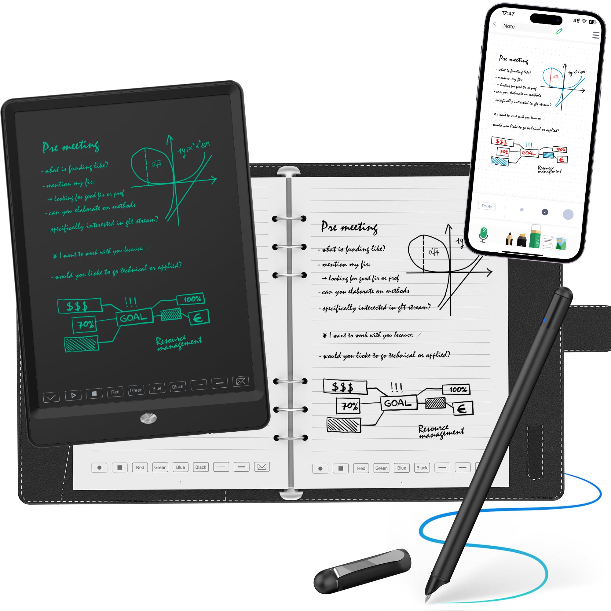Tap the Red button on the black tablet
pyautogui.click(x=115, y=392)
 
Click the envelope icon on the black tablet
pyautogui.click(x=241, y=381)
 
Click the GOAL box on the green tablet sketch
pyautogui.click(x=134, y=317)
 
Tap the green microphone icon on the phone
pyautogui.click(x=483, y=234)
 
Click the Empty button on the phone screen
pyautogui.click(x=486, y=206)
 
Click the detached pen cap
pyautogui.click(x=362, y=571)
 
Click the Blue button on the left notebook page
pyautogui.click(x=180, y=467)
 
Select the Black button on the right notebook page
pyautogui.click(x=422, y=468)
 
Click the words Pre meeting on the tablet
pyautogui.click(x=71, y=146)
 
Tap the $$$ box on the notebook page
pyautogui.click(x=345, y=387)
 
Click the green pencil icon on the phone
pyautogui.click(x=559, y=31)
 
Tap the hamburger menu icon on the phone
pyautogui.click(x=595, y=35)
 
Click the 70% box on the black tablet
pyautogui.click(x=85, y=324)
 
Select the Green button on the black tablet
pyautogui.click(x=136, y=390)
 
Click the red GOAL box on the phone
pyautogui.click(x=529, y=153)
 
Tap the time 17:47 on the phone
pyautogui.click(x=508, y=13)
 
